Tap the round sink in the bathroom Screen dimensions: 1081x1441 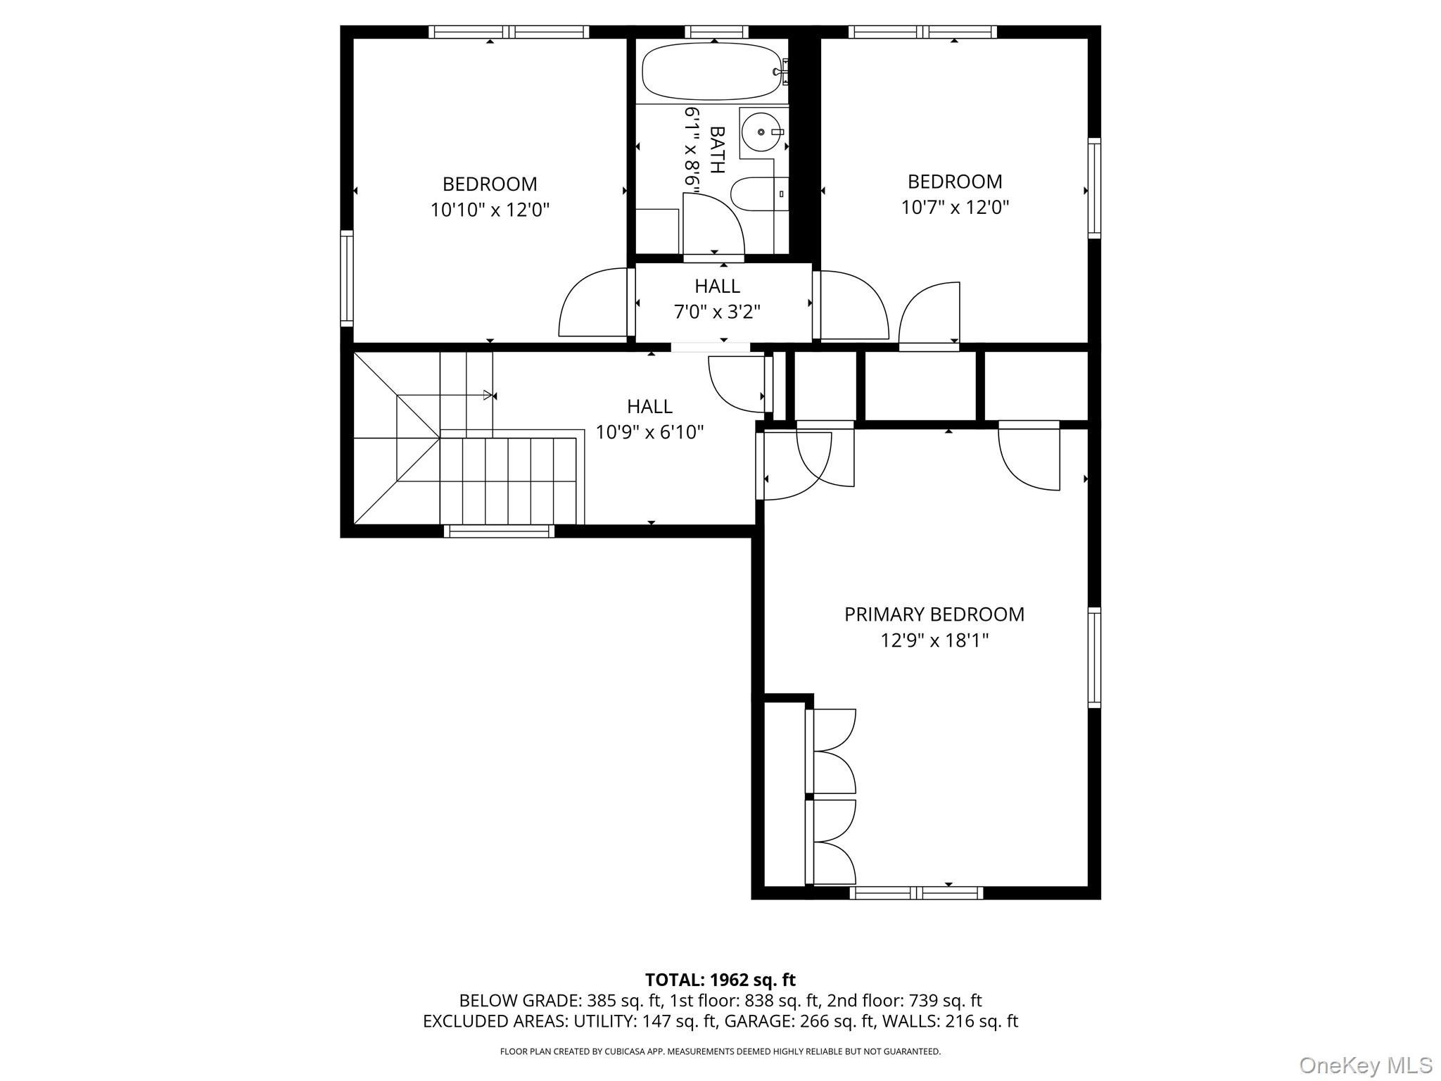point(762,132)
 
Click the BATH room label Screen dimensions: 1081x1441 point(717,149)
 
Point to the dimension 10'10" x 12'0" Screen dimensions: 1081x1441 point(490,210)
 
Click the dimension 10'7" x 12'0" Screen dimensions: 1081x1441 point(955,208)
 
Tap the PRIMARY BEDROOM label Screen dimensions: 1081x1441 point(934,614)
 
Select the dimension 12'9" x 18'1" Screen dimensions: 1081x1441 point(934,640)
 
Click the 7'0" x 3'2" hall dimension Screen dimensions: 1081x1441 point(717,312)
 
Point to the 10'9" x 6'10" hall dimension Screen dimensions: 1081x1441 point(649,432)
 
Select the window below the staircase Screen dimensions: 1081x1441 point(499,531)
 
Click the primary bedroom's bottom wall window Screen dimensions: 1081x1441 point(916,893)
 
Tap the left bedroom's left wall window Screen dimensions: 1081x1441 point(346,278)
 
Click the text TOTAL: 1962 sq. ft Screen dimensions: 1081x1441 point(720,980)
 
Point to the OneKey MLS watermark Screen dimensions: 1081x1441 point(1365,1065)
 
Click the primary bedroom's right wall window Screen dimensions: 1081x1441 point(1094,657)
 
